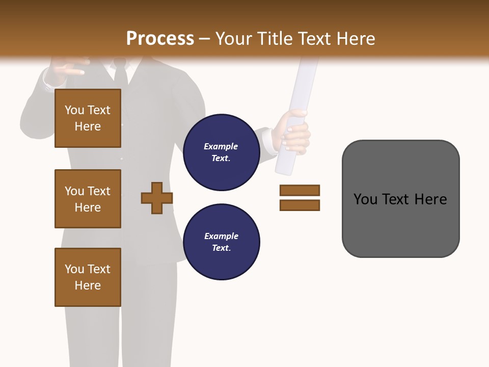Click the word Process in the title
(x=160, y=39)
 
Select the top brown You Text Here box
(x=88, y=118)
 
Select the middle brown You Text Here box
(x=88, y=199)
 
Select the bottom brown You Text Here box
(x=88, y=277)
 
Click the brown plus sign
(x=157, y=198)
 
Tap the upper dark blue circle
(x=221, y=152)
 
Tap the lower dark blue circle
(x=221, y=242)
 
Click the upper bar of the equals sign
(x=300, y=191)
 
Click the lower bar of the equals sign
(x=300, y=205)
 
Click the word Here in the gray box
(x=430, y=199)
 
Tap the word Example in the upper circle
(x=221, y=146)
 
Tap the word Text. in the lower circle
(x=221, y=248)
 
